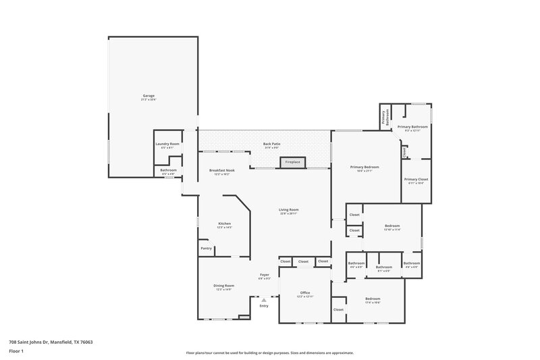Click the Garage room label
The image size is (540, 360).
coord(148,96)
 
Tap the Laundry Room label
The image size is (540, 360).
coord(167,144)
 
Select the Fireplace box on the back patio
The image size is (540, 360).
coord(292,162)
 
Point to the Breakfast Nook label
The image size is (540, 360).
coord(221,170)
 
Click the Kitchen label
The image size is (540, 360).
coord(224,224)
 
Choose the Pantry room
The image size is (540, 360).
coord(206,249)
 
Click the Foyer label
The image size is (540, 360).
coord(265,275)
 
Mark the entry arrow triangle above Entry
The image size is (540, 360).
coord(264,300)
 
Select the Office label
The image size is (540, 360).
coord(304,292)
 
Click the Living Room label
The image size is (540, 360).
coord(289,210)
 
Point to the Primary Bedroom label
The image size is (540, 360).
coord(364,167)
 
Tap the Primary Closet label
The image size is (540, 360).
coord(416,179)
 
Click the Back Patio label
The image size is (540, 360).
coord(271,144)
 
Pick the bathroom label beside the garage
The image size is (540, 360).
coord(168,170)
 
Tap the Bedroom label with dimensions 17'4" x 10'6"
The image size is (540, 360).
coord(373,299)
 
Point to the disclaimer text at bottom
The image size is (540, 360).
coord(269,353)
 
